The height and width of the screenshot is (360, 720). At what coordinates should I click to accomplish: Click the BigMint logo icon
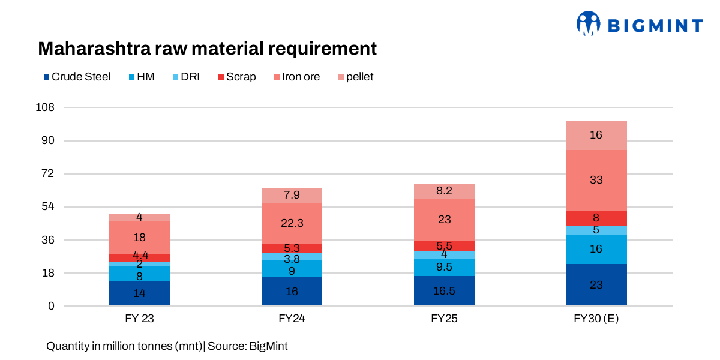tap(589, 23)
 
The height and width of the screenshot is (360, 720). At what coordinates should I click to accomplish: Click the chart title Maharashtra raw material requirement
tap(207, 49)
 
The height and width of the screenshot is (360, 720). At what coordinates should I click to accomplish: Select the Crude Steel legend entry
tap(77, 77)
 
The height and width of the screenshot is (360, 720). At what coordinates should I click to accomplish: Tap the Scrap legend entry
tap(237, 77)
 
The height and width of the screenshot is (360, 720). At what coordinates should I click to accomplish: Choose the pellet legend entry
tap(356, 77)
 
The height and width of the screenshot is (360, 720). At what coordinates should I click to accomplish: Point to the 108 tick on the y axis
tap(46, 108)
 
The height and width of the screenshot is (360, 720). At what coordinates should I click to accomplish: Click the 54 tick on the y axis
tap(48, 207)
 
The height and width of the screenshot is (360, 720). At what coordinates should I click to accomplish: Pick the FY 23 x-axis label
tap(140, 319)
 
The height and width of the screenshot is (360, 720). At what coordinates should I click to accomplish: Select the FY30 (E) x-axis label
tap(596, 319)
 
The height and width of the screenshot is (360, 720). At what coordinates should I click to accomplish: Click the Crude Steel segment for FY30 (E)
tap(596, 285)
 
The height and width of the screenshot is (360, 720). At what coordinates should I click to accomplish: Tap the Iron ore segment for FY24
tap(292, 223)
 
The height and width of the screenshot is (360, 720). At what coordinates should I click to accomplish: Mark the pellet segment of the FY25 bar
tap(444, 191)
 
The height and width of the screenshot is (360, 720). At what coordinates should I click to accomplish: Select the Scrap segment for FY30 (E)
tap(596, 218)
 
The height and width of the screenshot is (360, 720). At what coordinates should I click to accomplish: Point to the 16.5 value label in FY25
tap(444, 292)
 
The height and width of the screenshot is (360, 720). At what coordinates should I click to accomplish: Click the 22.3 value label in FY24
tap(292, 223)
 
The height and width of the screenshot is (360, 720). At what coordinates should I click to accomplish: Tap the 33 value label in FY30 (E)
tap(596, 180)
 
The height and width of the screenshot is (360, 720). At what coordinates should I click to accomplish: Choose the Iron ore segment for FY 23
tap(140, 237)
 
